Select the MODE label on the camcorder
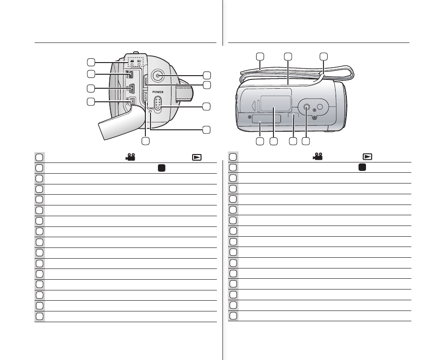146,80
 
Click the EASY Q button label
146,98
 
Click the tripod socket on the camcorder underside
307,107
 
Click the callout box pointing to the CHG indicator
206,129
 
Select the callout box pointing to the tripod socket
307,141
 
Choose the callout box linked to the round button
207,75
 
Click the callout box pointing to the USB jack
92,88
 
